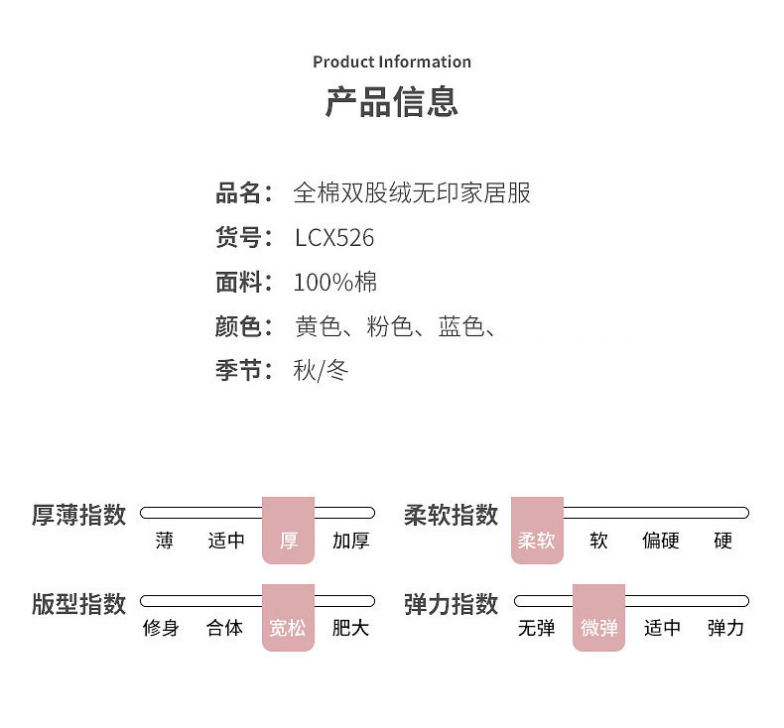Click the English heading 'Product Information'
392,61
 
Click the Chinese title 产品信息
392,102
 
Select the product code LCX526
334,238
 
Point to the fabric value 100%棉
335,283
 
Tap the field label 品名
243,192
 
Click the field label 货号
243,238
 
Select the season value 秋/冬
321,371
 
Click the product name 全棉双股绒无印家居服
412,192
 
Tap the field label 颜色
243,326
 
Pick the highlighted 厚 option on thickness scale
288,541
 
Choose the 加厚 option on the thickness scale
350,541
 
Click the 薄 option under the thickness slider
164,541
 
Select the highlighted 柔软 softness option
536,541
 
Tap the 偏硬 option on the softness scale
661,541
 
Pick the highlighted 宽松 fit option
288,628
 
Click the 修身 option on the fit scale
161,628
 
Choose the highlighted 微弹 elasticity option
598,628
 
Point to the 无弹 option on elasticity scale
536,628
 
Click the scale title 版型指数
79,603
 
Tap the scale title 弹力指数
451,603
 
